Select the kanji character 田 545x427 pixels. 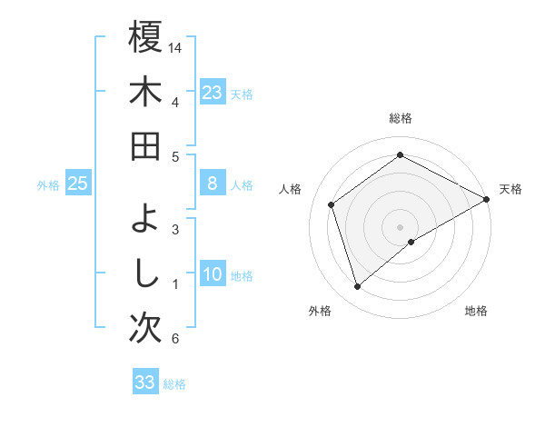[x=145, y=146]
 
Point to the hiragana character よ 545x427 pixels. [x=145, y=219]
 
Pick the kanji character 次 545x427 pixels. [x=145, y=328]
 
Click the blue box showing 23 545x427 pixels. [x=213, y=92]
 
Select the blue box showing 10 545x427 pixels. [x=213, y=275]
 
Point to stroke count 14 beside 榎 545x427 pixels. [x=175, y=45]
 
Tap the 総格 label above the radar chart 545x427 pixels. [x=401, y=118]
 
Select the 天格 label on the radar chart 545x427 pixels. [x=510, y=189]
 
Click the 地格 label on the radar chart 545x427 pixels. [x=476, y=311]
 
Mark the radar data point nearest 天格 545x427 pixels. [x=486, y=199]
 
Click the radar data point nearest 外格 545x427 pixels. [x=358, y=287]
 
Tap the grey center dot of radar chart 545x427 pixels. [x=400, y=226]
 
